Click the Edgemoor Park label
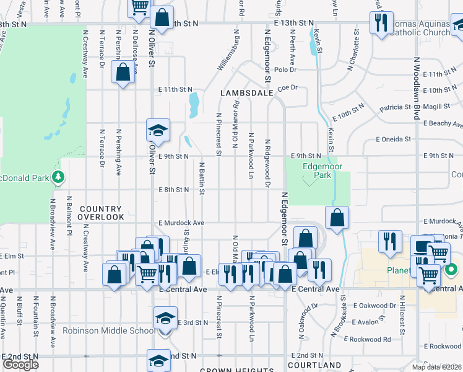(x=318, y=170)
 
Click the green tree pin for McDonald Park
(x=58, y=178)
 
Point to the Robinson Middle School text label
(x=108, y=330)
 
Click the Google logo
(x=21, y=365)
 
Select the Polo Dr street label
(x=285, y=70)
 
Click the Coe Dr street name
(x=288, y=88)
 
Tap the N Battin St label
(x=202, y=178)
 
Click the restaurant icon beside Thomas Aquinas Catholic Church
(x=378, y=24)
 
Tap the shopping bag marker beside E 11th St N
(x=123, y=72)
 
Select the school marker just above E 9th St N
(x=157, y=130)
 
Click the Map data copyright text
(x=436, y=367)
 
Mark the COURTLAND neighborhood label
(x=314, y=365)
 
